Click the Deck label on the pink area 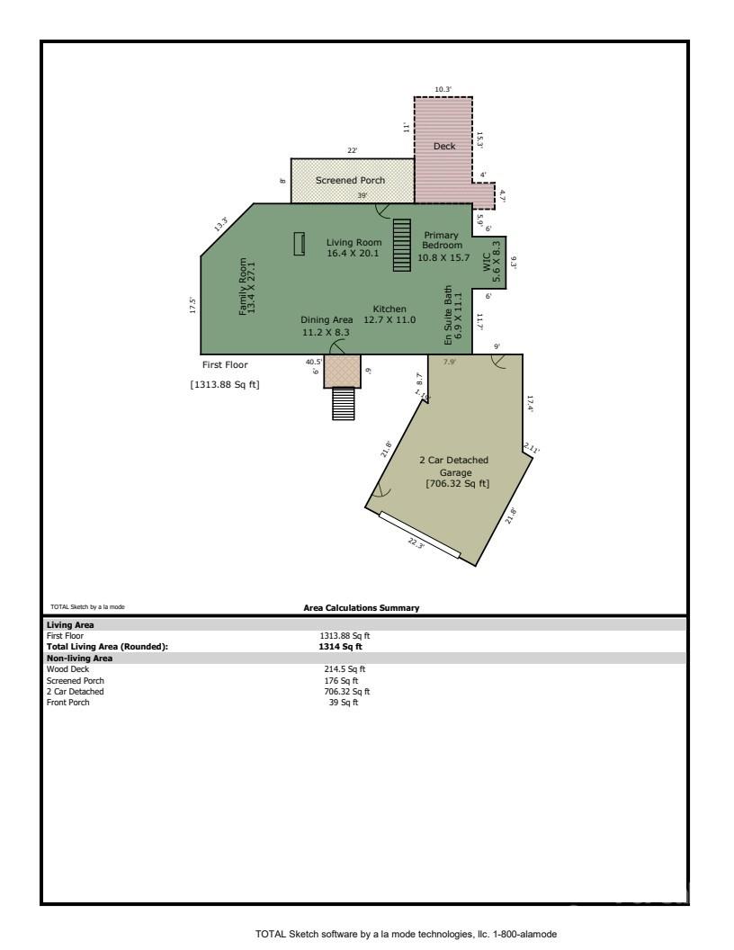[444, 146]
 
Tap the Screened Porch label [350, 180]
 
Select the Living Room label [354, 247]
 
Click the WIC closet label [490, 262]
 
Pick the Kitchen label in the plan [389, 314]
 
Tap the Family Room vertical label [246, 285]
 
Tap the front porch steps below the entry [344, 403]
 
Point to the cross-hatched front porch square [342, 370]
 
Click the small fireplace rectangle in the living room [300, 243]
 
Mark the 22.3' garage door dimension [416, 543]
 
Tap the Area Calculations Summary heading [362, 608]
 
